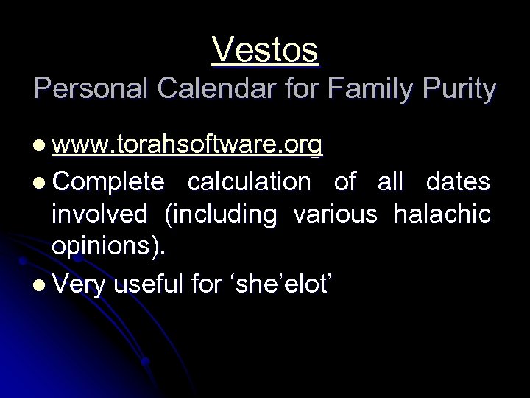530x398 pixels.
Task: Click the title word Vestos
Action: [x=265, y=51]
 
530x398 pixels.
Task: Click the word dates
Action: [x=457, y=181]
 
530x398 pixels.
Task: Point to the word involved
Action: [x=99, y=214]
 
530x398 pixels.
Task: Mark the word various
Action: [x=336, y=214]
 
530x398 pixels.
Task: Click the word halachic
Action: [x=442, y=214]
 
